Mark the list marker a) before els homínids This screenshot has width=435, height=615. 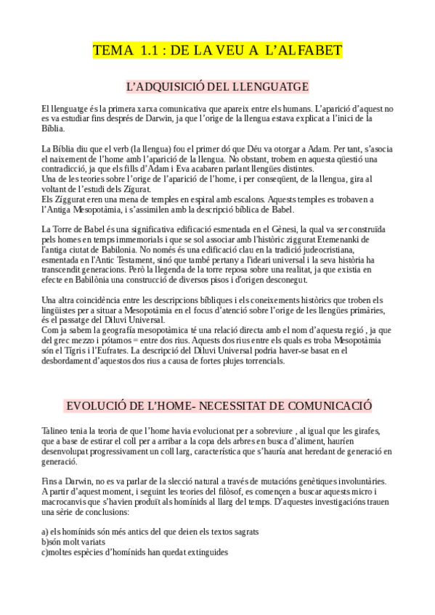click(45, 532)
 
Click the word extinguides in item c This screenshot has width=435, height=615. click(205, 552)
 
